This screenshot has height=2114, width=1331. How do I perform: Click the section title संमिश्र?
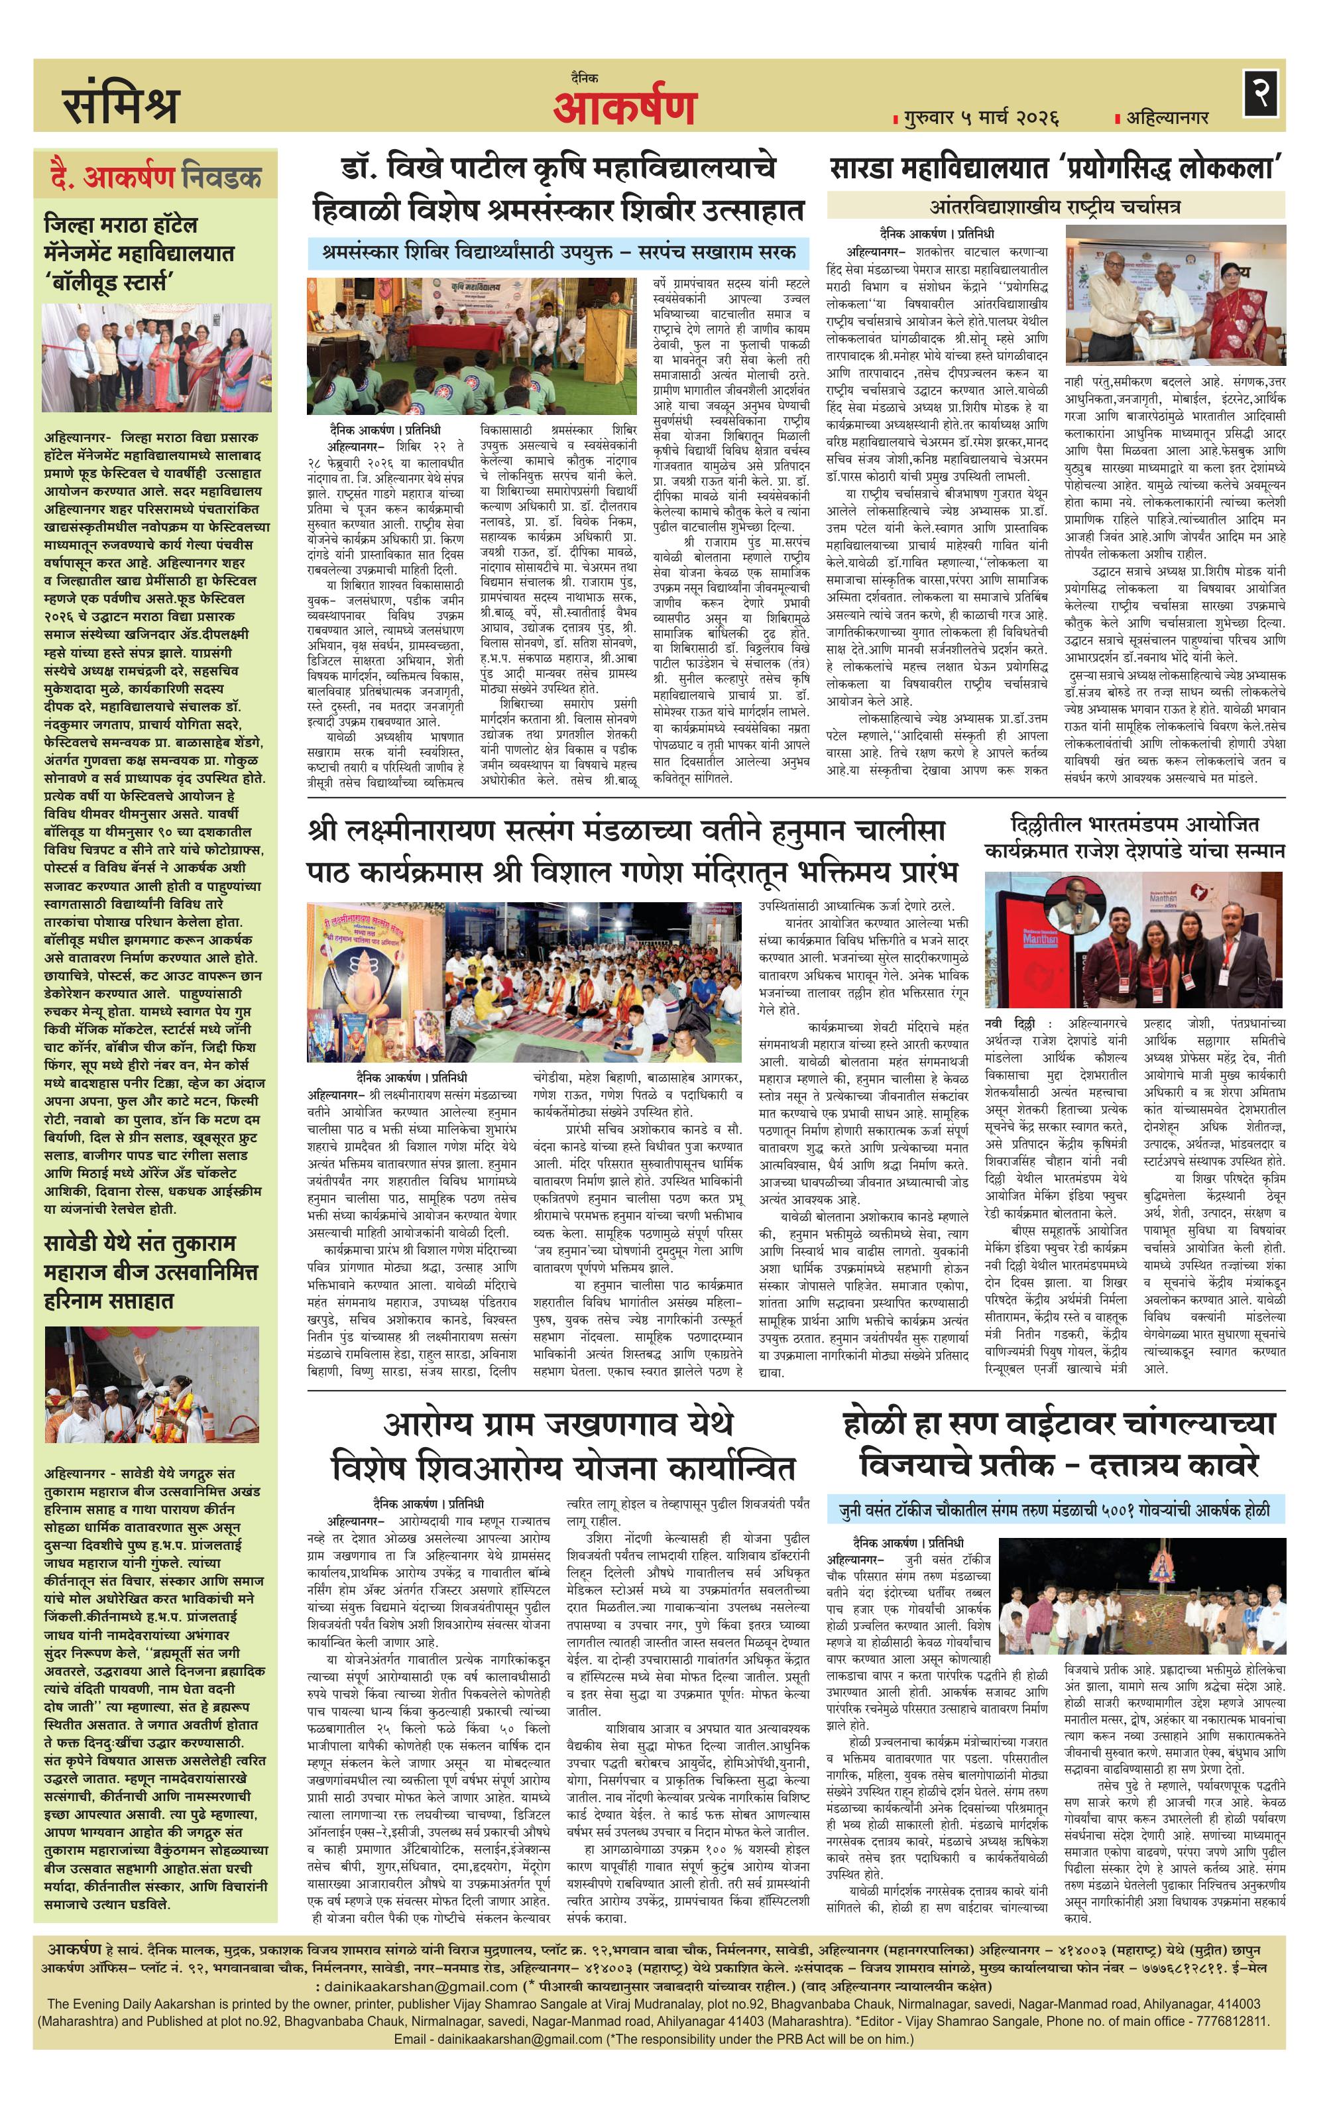tap(120, 103)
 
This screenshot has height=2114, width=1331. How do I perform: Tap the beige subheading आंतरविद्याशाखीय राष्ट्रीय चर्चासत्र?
tap(1055, 207)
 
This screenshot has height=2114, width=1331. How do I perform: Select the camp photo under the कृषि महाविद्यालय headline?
tap(471, 346)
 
